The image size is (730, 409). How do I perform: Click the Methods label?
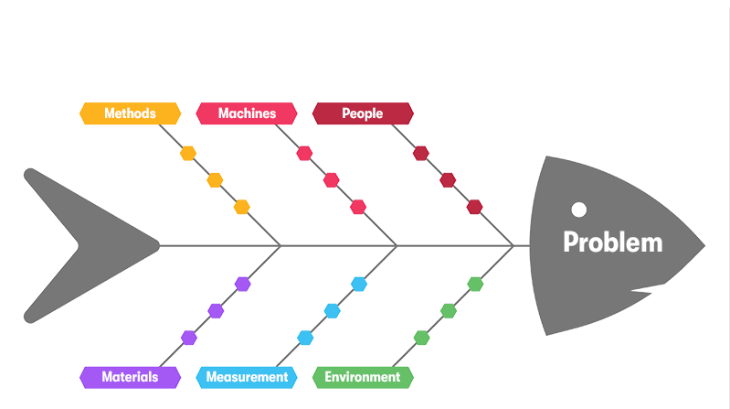click(x=129, y=113)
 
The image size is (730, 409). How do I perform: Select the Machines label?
click(x=247, y=113)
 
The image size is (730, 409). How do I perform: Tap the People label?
click(x=363, y=113)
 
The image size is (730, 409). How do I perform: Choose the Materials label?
click(x=129, y=377)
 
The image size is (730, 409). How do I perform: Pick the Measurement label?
click(x=247, y=377)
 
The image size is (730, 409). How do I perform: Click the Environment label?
click(x=363, y=377)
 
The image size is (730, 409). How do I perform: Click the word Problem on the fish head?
click(x=612, y=242)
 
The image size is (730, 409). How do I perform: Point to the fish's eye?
click(x=578, y=210)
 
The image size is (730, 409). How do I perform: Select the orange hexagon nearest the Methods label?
click(x=187, y=153)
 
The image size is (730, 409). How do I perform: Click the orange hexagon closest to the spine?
click(x=241, y=207)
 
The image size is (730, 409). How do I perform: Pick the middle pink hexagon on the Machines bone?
click(x=331, y=180)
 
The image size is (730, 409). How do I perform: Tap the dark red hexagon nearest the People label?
click(x=420, y=153)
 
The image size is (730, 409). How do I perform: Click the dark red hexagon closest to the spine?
click(x=474, y=207)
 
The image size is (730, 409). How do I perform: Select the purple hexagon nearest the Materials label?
click(x=188, y=338)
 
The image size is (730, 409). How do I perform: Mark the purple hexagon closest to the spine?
click(x=242, y=284)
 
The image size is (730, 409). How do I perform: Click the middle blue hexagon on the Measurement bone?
click(x=332, y=310)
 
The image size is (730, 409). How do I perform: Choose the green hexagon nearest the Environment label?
click(x=421, y=338)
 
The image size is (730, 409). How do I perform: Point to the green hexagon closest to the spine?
click(x=475, y=284)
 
